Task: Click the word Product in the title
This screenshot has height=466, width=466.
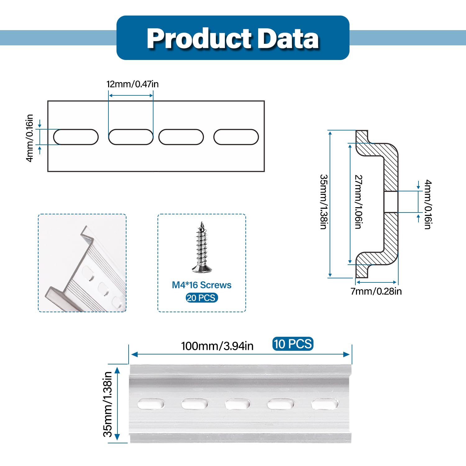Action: (199, 39)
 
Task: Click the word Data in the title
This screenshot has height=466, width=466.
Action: (289, 39)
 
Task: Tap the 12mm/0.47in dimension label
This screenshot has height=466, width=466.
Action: (133, 84)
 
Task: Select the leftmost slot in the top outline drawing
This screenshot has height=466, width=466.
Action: (76, 137)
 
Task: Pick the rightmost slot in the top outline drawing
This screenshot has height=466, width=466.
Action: (236, 137)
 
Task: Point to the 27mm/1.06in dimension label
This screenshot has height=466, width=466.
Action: (359, 202)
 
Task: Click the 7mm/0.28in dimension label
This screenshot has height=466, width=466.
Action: (376, 291)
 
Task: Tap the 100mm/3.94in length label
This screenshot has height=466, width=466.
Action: (217, 346)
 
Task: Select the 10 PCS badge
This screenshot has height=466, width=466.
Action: (293, 344)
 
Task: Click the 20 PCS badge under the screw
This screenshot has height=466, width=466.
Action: (202, 298)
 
